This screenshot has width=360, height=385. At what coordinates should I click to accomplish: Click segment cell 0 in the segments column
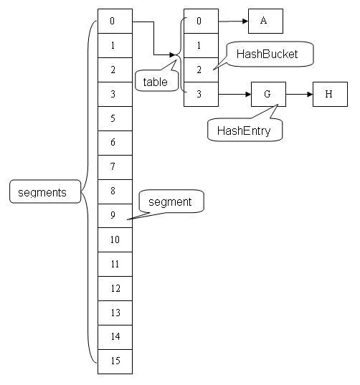115,22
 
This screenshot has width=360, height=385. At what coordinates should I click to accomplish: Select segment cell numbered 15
115,361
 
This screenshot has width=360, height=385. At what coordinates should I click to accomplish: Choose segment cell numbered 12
115,288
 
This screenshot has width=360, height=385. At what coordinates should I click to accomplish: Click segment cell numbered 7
115,167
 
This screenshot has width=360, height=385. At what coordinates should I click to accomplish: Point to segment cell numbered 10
115,240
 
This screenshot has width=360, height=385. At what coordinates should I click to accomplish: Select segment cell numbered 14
115,336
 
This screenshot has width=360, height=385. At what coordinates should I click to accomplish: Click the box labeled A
265,22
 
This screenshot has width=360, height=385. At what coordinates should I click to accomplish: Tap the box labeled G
268,94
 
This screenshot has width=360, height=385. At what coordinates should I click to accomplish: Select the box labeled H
330,94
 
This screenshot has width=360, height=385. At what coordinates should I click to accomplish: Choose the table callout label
155,82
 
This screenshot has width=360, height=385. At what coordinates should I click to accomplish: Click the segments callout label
42,192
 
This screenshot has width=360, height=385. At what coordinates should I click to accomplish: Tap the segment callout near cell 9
171,201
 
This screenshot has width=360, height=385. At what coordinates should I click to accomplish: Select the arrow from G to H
299,94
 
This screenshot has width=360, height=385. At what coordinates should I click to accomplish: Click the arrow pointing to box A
233,22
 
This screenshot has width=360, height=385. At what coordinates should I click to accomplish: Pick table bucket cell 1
201,46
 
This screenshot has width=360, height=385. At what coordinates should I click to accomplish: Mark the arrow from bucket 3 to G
235,94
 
